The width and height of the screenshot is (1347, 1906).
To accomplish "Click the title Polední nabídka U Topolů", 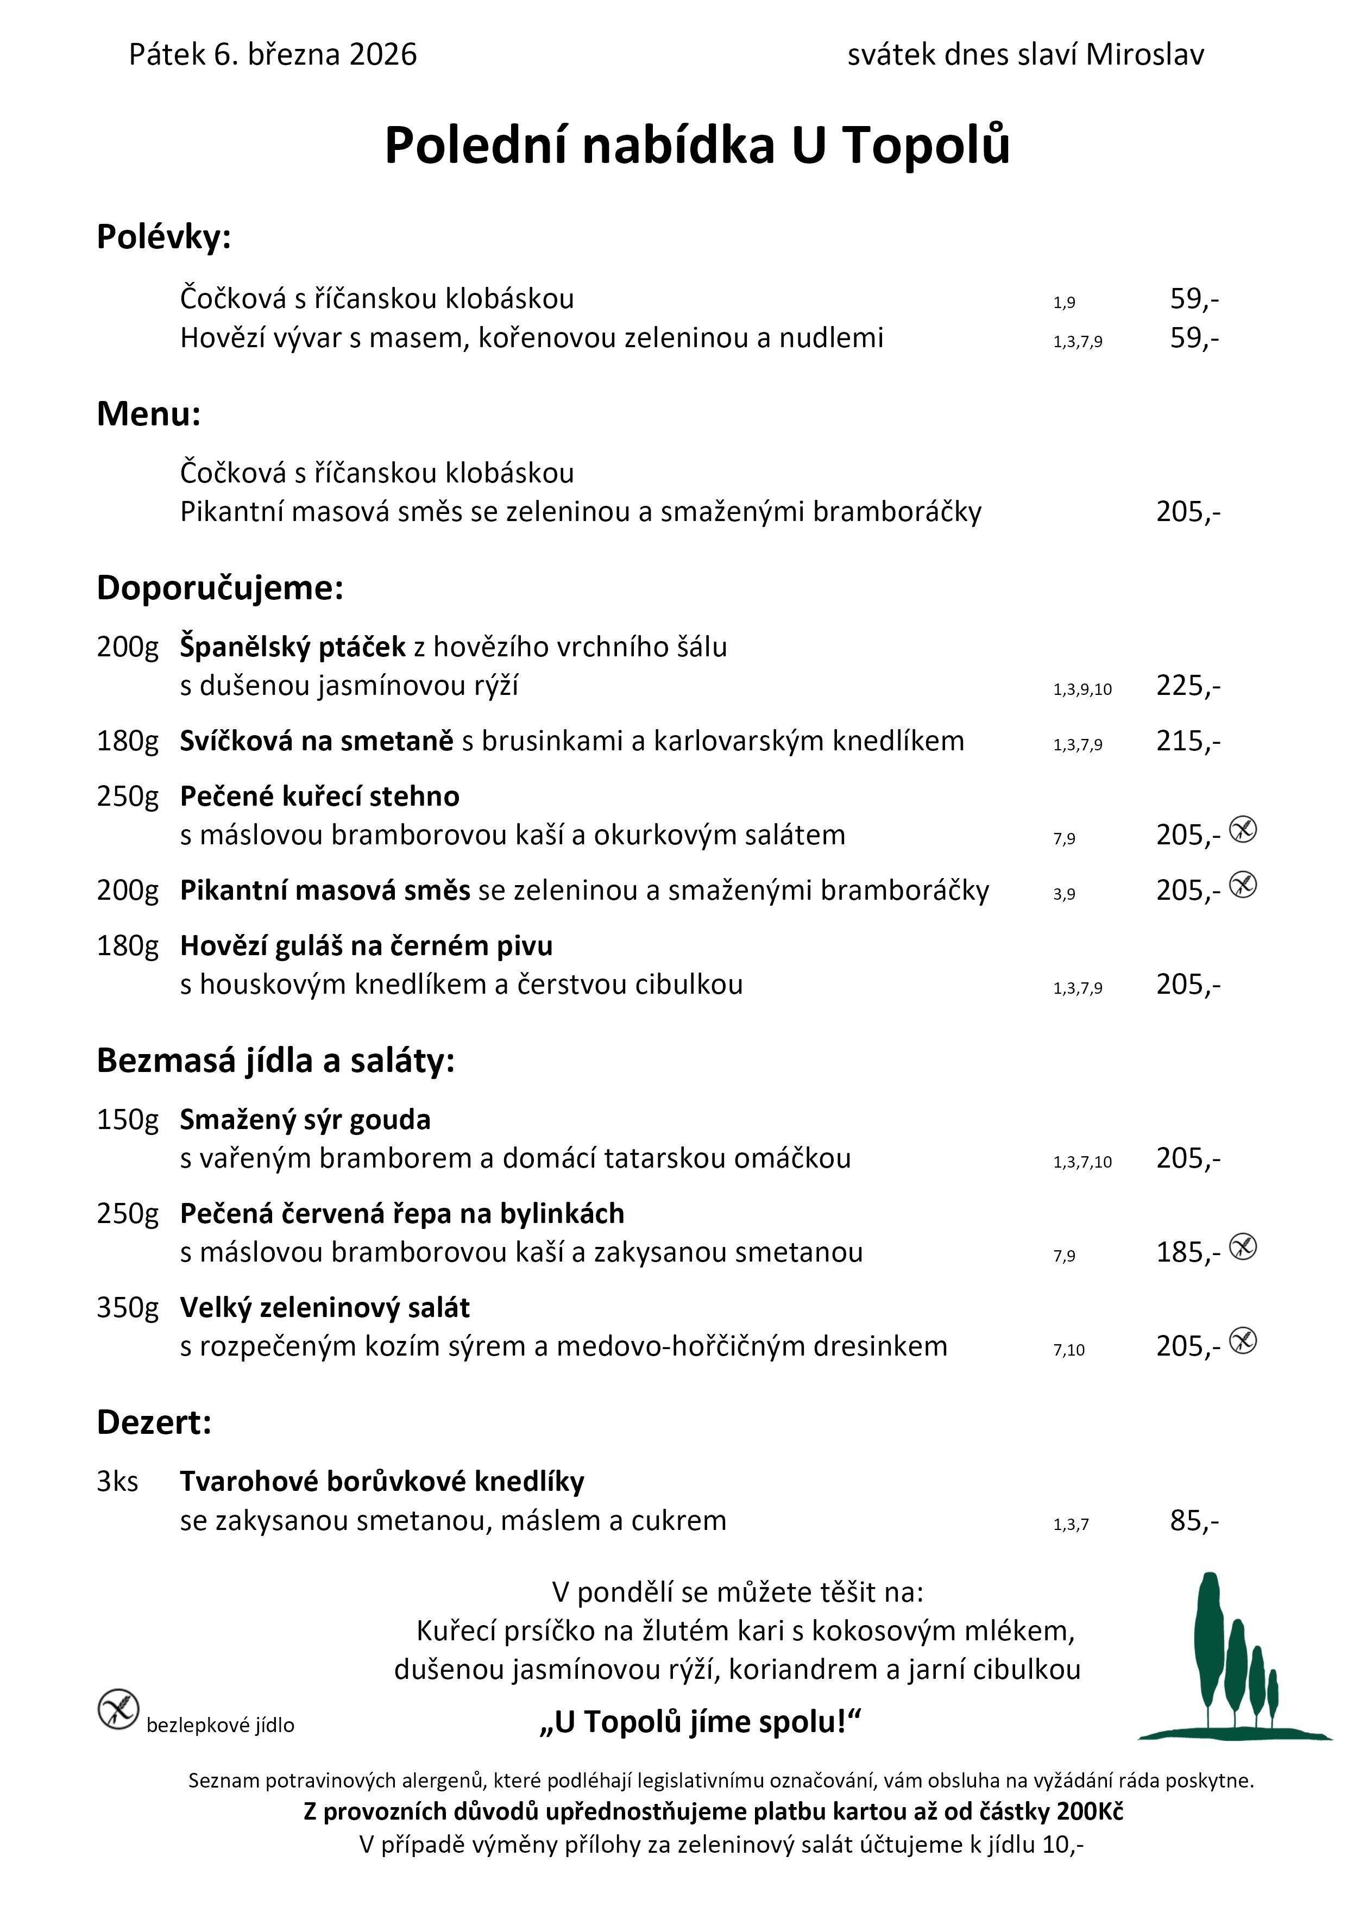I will coord(697,145).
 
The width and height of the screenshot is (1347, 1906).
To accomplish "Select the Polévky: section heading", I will coord(163,237).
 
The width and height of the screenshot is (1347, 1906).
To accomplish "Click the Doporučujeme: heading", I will coord(220,588).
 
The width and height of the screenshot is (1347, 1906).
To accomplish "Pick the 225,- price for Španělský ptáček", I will coord(1188,686).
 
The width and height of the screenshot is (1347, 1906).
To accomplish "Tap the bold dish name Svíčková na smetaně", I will coord(316,741).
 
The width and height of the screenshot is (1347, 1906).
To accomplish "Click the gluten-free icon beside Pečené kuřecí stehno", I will coord(1242,829).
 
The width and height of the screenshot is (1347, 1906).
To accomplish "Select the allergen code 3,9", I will coord(1064,894).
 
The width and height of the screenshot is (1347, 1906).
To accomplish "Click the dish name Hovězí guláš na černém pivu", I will coord(366,945).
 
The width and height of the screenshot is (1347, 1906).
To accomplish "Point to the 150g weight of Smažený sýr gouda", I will coord(127,1120).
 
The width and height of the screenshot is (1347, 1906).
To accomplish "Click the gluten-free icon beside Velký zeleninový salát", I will coord(1242,1341).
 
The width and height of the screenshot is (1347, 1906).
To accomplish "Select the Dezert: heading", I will coord(154,1423).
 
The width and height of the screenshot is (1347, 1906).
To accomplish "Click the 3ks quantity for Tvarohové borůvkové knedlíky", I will coord(117,1482).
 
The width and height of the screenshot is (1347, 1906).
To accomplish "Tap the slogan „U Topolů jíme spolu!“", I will coord(701,1722).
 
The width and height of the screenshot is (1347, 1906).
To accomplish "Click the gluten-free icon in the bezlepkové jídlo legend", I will coord(118,1709).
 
